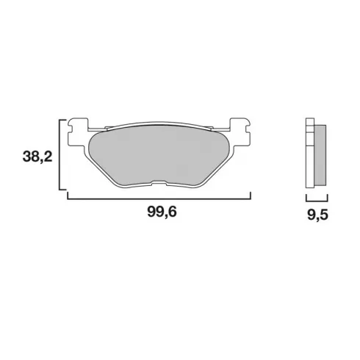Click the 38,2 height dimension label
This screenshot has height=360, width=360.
click(x=37, y=156)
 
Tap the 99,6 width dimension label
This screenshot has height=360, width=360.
click(x=162, y=212)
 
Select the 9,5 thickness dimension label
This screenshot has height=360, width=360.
click(x=317, y=215)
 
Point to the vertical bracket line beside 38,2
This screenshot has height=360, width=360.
click(x=60, y=154)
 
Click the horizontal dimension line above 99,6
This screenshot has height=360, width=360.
click(x=159, y=199)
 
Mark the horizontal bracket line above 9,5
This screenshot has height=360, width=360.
click(x=317, y=201)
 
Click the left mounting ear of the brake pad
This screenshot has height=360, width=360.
click(x=78, y=132)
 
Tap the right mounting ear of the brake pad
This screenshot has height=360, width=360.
click(x=240, y=132)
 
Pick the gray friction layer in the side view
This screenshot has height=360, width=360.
click(x=320, y=155)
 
